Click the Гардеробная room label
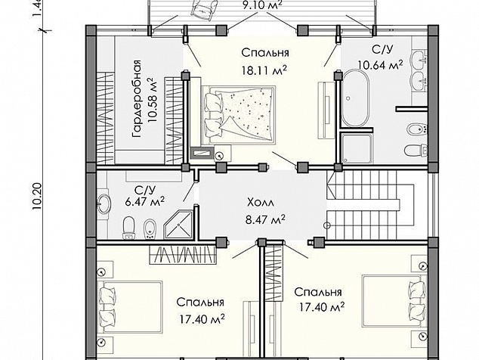click(x=137, y=98)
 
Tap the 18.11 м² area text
click(x=264, y=70)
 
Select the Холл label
click(x=261, y=202)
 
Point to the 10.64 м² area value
click(x=380, y=64)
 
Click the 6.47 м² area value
click(x=145, y=201)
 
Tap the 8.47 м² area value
click(x=265, y=219)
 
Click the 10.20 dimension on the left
click(x=37, y=197)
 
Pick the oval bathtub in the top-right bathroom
click(x=355, y=98)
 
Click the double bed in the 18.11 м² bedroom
click(x=239, y=115)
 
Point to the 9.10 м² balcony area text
click(x=262, y=5)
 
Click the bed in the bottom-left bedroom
click(x=130, y=306)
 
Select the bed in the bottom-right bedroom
click(x=394, y=301)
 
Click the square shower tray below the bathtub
click(x=357, y=148)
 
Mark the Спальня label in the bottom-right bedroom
click(x=318, y=292)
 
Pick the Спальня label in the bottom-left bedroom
click(x=200, y=303)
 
